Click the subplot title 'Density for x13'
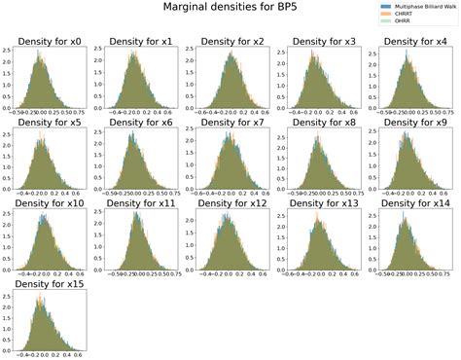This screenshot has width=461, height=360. (319, 204)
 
